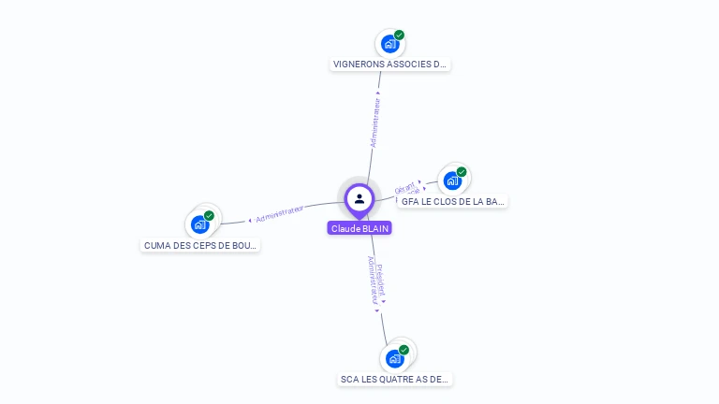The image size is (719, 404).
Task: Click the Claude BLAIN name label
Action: coord(359,228)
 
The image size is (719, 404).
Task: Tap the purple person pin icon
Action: coord(359,198)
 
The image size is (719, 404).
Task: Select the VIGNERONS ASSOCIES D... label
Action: coord(390,65)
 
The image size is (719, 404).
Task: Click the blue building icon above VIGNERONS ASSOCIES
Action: coord(389,43)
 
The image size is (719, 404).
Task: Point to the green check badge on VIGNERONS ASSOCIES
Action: coord(400,35)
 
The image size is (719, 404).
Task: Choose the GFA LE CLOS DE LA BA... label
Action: coord(453,201)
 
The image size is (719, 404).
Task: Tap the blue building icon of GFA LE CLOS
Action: coord(452,180)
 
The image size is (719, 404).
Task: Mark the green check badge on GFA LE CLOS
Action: coord(462,172)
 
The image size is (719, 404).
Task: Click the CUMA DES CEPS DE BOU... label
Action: coord(200,245)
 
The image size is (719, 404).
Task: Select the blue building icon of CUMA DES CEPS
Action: coord(199,224)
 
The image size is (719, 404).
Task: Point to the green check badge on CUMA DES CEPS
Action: coord(209,216)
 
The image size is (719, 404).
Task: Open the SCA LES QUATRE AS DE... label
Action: coord(395,380)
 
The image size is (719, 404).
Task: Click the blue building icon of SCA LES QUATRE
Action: coord(394,358)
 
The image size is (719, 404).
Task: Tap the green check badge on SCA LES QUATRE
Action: coord(404,350)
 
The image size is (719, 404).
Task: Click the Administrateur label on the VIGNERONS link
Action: coord(375,122)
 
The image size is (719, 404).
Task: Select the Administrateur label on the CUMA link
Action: coord(279,214)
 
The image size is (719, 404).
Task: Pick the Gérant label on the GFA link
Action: coord(404,187)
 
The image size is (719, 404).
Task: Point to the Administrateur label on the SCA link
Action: coord(372,281)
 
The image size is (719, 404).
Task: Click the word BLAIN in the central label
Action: coord(374,228)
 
